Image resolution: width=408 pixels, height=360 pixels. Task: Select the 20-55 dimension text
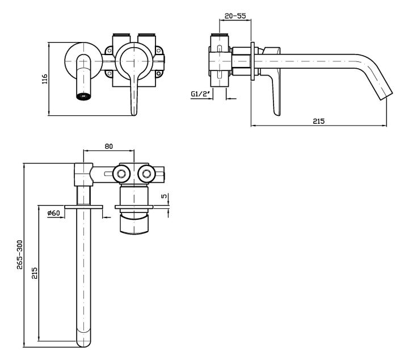click(235, 16)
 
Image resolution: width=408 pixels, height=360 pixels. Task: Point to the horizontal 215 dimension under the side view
click(318, 121)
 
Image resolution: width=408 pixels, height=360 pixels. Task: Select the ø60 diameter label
click(54, 213)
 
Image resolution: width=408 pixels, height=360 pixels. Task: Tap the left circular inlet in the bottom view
click(121, 173)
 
